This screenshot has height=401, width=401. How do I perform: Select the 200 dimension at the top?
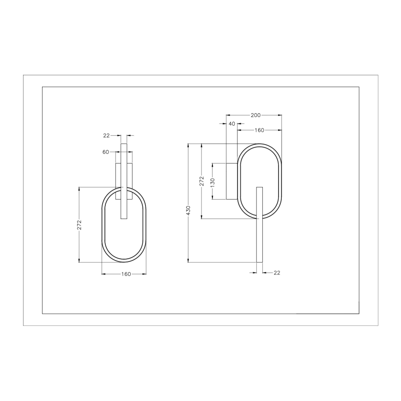click(255, 115)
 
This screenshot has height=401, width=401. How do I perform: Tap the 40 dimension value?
click(231, 124)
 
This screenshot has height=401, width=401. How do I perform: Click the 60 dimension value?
click(105, 152)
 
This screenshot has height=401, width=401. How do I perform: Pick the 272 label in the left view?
click(79, 225)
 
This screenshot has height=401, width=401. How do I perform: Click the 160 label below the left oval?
click(126, 274)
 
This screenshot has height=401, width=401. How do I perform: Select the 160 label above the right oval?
click(259, 130)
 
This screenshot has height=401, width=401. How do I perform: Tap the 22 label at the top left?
click(106, 135)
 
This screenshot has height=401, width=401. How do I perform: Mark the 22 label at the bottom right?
click(277, 273)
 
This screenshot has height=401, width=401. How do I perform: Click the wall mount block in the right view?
click(231, 181)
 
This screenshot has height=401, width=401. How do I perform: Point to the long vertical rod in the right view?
click(260, 231)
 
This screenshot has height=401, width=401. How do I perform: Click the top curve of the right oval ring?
click(259, 145)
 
